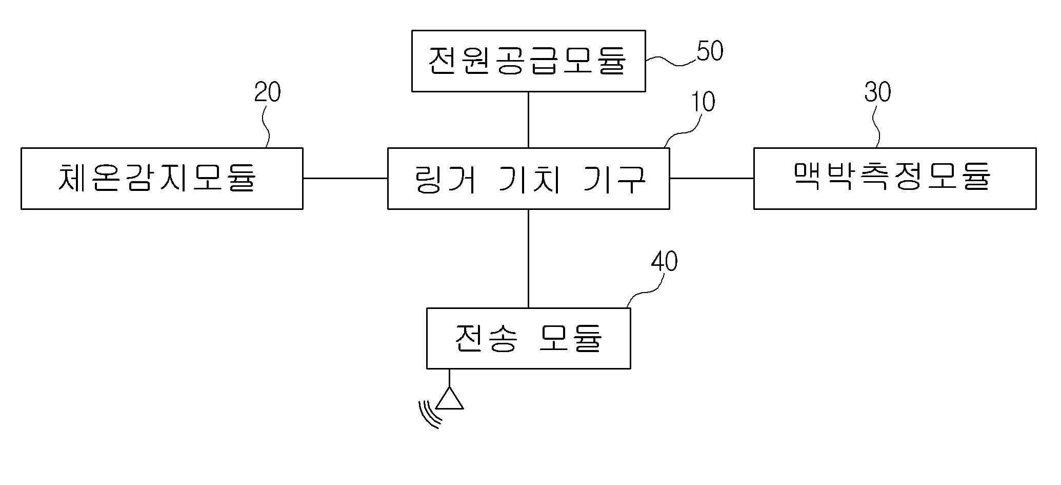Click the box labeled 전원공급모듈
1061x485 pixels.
(528, 61)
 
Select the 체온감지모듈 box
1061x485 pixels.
(162, 179)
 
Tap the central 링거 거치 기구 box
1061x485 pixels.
(528, 179)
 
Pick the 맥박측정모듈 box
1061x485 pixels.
(894, 179)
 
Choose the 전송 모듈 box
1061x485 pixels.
(528, 338)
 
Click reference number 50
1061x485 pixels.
(710, 51)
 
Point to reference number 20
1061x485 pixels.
(267, 93)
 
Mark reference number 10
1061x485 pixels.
(703, 102)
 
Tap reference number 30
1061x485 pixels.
(877, 92)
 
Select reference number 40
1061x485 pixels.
(664, 262)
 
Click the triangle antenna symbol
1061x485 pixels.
(450, 400)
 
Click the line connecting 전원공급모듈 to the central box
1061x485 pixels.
(528, 120)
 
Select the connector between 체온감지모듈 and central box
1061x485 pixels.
(345, 179)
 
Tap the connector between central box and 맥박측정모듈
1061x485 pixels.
(711, 179)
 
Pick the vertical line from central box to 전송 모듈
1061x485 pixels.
(528, 258)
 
